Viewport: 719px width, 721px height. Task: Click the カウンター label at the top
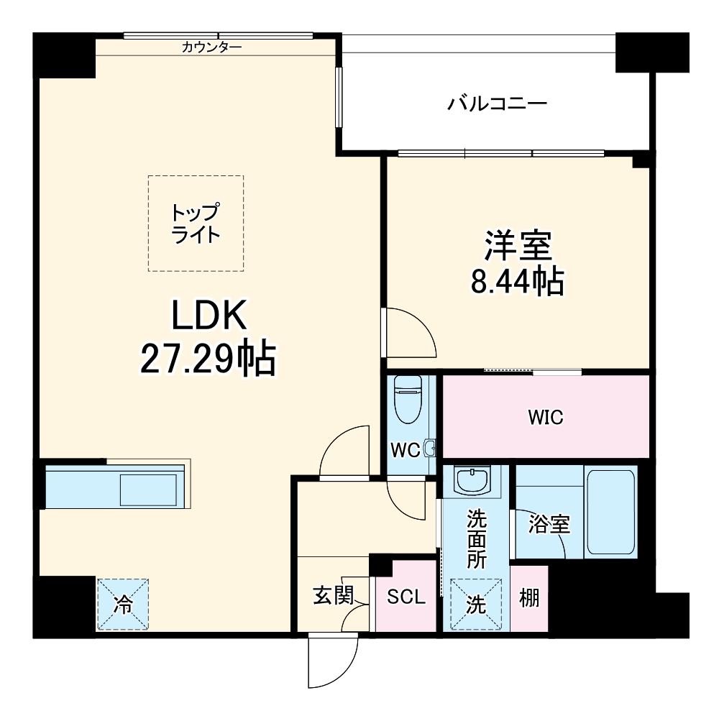point(211,48)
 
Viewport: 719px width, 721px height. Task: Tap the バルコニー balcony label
point(498,104)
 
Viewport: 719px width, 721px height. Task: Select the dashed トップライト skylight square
point(196,224)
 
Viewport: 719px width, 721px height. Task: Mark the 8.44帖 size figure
point(517,283)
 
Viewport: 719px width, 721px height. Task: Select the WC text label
point(404,450)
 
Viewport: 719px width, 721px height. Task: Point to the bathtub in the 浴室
point(610,511)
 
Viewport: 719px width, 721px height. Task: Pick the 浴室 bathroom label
point(549,525)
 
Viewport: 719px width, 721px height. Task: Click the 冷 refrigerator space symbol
point(124,605)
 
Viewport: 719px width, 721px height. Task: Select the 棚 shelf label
point(529,598)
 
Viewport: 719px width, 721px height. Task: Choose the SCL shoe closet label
point(406,597)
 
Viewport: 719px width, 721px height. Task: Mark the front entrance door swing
point(331,661)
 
